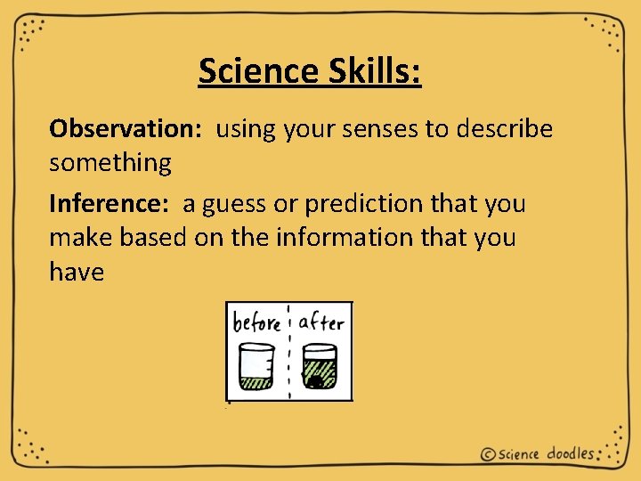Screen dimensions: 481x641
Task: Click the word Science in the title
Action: (254, 70)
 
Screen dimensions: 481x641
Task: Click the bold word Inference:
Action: (109, 204)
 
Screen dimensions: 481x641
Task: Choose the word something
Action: (110, 163)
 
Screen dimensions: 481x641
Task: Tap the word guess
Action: (234, 204)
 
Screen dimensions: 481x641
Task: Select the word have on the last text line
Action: (77, 272)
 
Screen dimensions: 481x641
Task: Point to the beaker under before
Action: (257, 365)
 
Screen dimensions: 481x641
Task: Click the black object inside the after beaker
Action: (314, 382)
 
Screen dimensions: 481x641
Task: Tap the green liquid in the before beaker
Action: (257, 383)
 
